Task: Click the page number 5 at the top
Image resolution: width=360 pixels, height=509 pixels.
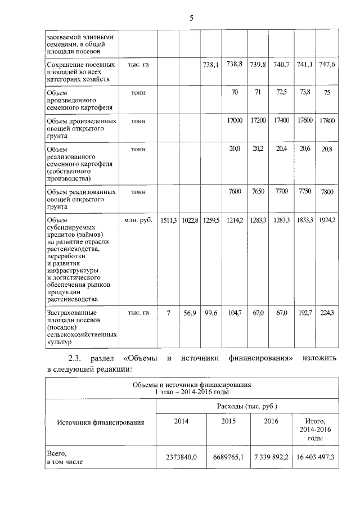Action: (x=191, y=19)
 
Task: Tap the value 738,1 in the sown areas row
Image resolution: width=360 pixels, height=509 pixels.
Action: (x=210, y=65)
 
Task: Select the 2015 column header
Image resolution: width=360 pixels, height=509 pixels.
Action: (x=228, y=421)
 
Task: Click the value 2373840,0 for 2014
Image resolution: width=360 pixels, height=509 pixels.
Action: (x=181, y=457)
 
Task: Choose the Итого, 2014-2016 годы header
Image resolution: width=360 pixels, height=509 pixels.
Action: (x=314, y=429)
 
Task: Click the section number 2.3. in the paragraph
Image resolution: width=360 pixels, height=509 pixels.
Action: (x=76, y=358)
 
